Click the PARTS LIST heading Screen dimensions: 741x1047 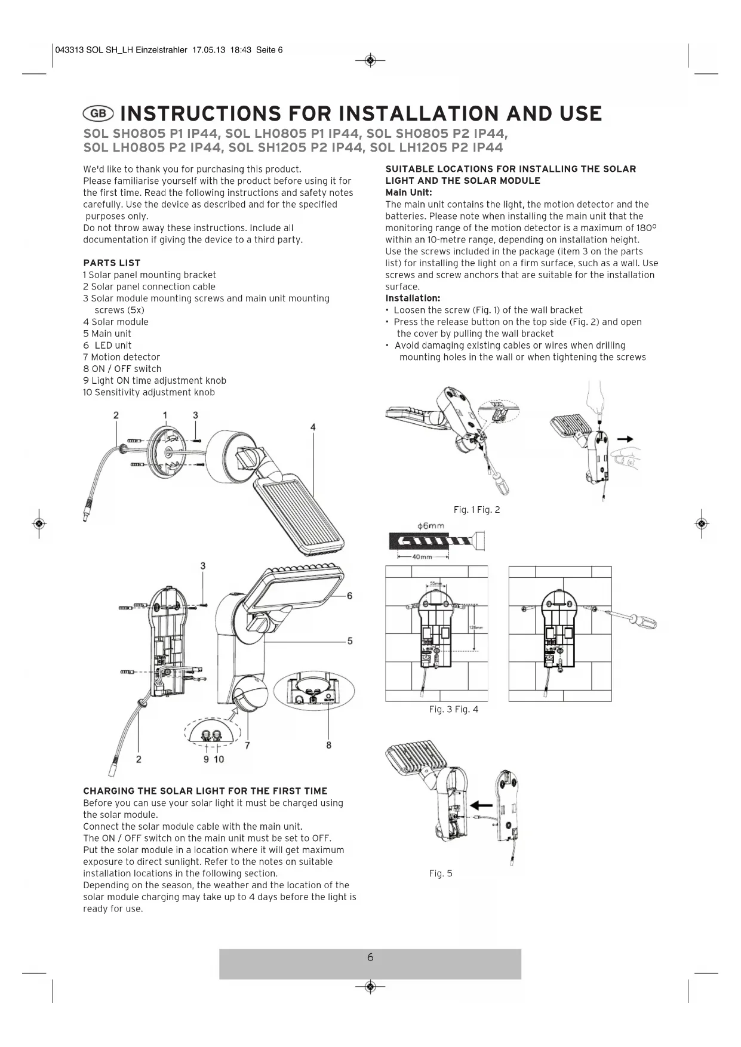(x=112, y=263)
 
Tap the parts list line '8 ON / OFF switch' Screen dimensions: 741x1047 (x=122, y=369)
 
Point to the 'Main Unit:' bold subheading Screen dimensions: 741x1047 (x=408, y=192)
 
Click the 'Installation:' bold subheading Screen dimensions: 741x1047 (x=413, y=298)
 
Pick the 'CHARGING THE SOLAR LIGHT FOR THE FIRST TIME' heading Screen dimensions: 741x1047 (x=205, y=791)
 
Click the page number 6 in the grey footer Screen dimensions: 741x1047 (x=370, y=957)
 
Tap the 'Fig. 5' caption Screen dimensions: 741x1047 (x=441, y=873)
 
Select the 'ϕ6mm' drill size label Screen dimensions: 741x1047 (x=431, y=526)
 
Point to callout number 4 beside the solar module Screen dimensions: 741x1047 (x=313, y=427)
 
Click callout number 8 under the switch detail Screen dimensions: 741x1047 (x=328, y=745)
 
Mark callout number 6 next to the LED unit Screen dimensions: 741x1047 (x=349, y=596)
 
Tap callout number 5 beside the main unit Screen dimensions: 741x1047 (x=349, y=641)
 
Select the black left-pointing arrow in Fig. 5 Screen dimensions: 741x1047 (x=482, y=805)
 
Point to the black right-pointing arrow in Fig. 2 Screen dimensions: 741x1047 (x=625, y=439)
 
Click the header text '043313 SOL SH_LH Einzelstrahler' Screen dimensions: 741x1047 (x=121, y=50)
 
